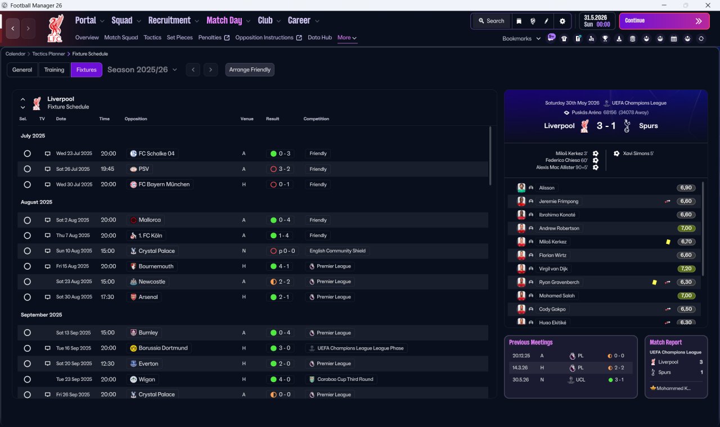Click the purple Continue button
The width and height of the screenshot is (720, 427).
point(664,21)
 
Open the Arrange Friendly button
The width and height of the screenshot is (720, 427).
point(250,70)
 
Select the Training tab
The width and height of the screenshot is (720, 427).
point(54,70)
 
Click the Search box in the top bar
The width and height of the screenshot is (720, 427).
point(491,21)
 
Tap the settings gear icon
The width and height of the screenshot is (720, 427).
point(562,21)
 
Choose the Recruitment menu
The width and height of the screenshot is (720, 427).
point(169,21)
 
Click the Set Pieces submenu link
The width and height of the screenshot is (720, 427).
point(179,38)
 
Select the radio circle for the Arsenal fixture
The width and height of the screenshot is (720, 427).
point(28,297)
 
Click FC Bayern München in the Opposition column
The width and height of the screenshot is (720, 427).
point(164,184)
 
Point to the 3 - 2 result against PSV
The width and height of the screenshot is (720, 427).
point(285,169)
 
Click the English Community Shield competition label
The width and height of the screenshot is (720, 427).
point(337,251)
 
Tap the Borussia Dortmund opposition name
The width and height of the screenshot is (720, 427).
point(163,348)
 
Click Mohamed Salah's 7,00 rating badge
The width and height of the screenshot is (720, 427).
point(686,296)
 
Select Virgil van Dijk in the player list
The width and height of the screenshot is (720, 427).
point(553,269)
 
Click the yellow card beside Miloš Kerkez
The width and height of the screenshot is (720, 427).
point(668,242)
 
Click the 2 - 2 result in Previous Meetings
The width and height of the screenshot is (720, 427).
point(619,367)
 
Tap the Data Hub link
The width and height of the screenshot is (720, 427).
point(319,38)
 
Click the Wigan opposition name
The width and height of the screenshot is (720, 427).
point(147,379)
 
